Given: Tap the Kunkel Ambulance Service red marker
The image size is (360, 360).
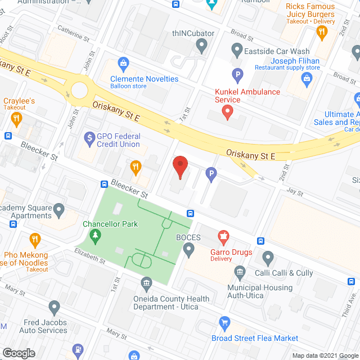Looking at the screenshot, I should pyautogui.click(x=227, y=112).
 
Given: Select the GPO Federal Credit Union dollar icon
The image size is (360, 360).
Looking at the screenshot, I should pyautogui.click(x=89, y=137).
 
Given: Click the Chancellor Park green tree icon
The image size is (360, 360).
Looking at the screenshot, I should pyautogui.click(x=96, y=235).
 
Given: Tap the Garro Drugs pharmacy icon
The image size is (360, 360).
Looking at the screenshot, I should pyautogui.click(x=223, y=235).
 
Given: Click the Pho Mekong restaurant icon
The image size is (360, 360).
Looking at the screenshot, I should pyautogui.click(x=35, y=240).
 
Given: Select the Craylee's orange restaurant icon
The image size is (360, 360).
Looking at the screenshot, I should pyautogui.click(x=16, y=119).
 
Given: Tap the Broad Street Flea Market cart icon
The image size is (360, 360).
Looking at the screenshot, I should pyautogui.click(x=224, y=323).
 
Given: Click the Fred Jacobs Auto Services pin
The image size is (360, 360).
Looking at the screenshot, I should pyautogui.click(x=54, y=308).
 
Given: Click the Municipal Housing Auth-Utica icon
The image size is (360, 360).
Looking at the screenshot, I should pyautogui.click(x=240, y=273).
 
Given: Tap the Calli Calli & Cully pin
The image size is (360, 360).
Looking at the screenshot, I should pyautogui.click(x=268, y=258).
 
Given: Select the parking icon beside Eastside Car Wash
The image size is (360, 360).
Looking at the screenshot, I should pyautogui.click(x=238, y=74).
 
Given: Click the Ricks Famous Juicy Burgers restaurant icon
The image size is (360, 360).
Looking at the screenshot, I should pyautogui.click(x=322, y=32).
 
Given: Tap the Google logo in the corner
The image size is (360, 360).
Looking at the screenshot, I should pyautogui.click(x=18, y=353).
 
